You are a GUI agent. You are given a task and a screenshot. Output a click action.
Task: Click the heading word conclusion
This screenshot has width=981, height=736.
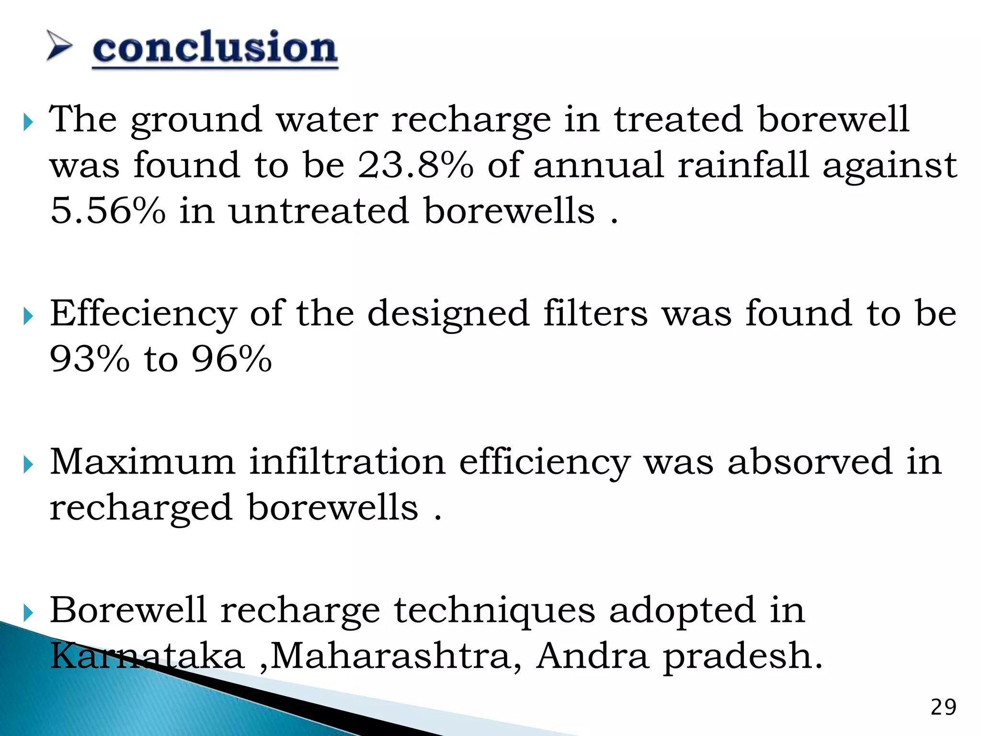click(215, 48)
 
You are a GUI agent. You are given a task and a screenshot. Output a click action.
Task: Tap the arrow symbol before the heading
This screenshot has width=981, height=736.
click(59, 46)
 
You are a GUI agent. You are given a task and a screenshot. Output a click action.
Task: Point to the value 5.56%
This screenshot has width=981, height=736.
click(108, 211)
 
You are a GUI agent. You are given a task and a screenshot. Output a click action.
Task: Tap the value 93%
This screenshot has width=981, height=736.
click(90, 359)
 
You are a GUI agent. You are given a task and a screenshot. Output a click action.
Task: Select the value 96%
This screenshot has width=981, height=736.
click(232, 359)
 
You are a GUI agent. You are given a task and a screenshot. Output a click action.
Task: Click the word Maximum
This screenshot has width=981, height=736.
click(143, 461)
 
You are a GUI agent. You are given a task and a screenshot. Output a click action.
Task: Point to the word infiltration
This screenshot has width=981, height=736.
click(347, 461)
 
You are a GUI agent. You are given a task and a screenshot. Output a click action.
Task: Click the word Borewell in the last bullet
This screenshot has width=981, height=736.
click(128, 610)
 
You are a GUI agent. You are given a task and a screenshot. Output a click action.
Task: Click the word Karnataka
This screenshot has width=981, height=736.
click(147, 655)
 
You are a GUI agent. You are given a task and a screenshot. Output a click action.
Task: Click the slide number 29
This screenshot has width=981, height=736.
click(943, 708)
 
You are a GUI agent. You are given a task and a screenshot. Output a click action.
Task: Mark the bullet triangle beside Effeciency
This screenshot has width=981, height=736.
click(28, 316)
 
